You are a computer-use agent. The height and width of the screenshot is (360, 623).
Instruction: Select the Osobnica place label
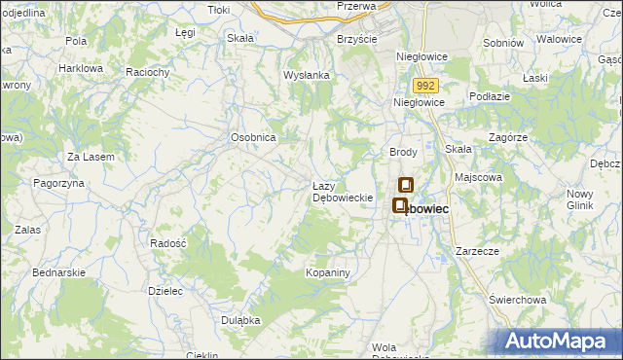[x=254, y=138]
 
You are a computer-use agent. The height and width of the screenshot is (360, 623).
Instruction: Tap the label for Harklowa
[x=81, y=69]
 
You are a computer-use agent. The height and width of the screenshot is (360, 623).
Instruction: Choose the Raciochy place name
[x=149, y=72]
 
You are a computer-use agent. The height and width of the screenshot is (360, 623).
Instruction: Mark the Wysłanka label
[x=307, y=75]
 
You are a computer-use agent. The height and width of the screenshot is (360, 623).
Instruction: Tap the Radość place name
[x=168, y=242]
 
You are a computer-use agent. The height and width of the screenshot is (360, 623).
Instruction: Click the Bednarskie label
[x=61, y=273]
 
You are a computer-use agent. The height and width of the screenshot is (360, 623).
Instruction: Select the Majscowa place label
[x=478, y=178]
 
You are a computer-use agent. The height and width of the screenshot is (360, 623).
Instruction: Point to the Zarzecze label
[x=476, y=251]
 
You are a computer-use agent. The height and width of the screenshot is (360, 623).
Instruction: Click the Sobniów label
[x=503, y=44]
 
